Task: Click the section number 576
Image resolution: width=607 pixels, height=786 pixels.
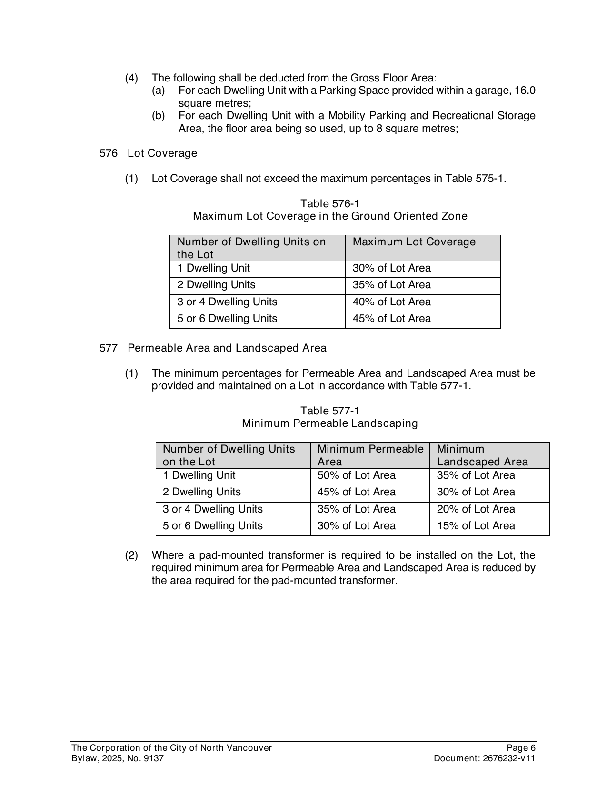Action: pos(108,153)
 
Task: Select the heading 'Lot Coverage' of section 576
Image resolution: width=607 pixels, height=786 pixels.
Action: pos(162,153)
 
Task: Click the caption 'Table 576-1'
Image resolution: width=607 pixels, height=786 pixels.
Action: pos(330,204)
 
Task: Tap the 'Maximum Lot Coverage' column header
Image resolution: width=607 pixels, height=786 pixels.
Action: pos(414,242)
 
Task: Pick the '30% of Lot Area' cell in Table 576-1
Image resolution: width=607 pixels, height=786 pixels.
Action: pos(391,268)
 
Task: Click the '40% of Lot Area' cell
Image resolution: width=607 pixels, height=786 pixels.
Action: pos(391,302)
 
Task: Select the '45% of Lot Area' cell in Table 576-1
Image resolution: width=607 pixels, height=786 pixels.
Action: pos(391,319)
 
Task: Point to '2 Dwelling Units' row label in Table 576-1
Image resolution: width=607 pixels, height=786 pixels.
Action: pos(216,285)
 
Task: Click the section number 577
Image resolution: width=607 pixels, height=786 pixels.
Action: pos(108,348)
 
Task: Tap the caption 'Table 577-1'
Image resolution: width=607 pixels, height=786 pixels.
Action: pos(330,411)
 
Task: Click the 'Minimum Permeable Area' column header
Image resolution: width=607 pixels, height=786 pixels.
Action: pos(370,455)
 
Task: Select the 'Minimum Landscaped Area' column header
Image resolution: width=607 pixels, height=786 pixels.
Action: pos(482,455)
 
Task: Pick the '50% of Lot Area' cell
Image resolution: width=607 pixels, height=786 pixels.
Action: pos(356,475)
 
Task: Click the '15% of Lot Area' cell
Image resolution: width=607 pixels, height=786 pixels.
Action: pos(476,526)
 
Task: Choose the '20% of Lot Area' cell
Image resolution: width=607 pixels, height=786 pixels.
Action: pos(476,509)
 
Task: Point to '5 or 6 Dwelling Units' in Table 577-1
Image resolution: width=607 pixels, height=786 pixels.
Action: pos(212,526)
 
